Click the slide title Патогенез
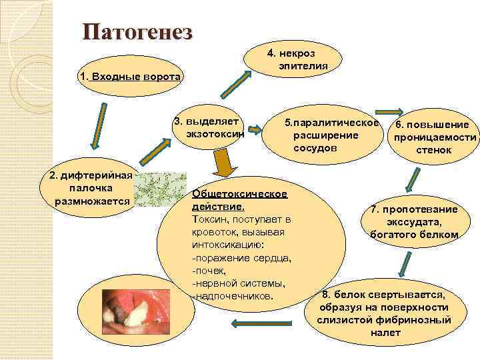pos(137,32)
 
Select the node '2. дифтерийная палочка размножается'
pos(92,189)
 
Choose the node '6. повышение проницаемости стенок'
pos(434,137)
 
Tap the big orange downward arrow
pos(224,163)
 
